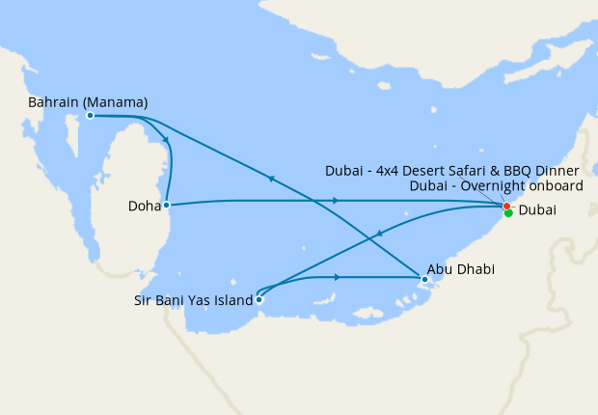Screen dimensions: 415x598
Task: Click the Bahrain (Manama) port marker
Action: pyautogui.click(x=90, y=115)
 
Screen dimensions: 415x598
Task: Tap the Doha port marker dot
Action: pyautogui.click(x=167, y=205)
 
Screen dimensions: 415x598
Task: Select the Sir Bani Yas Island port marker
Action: pyautogui.click(x=258, y=299)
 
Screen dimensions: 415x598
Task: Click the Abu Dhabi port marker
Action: pyautogui.click(x=424, y=280)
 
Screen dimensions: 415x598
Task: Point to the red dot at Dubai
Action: pyautogui.click(x=506, y=206)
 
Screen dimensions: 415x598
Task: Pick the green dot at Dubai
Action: pyautogui.click(x=508, y=213)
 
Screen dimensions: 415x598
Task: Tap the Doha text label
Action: pyautogui.click(x=143, y=206)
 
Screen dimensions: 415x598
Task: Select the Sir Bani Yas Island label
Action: pyautogui.click(x=193, y=300)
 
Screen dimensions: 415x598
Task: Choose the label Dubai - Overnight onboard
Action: pyautogui.click(x=495, y=186)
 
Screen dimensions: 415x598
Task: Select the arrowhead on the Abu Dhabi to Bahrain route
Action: pyautogui.click(x=271, y=178)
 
